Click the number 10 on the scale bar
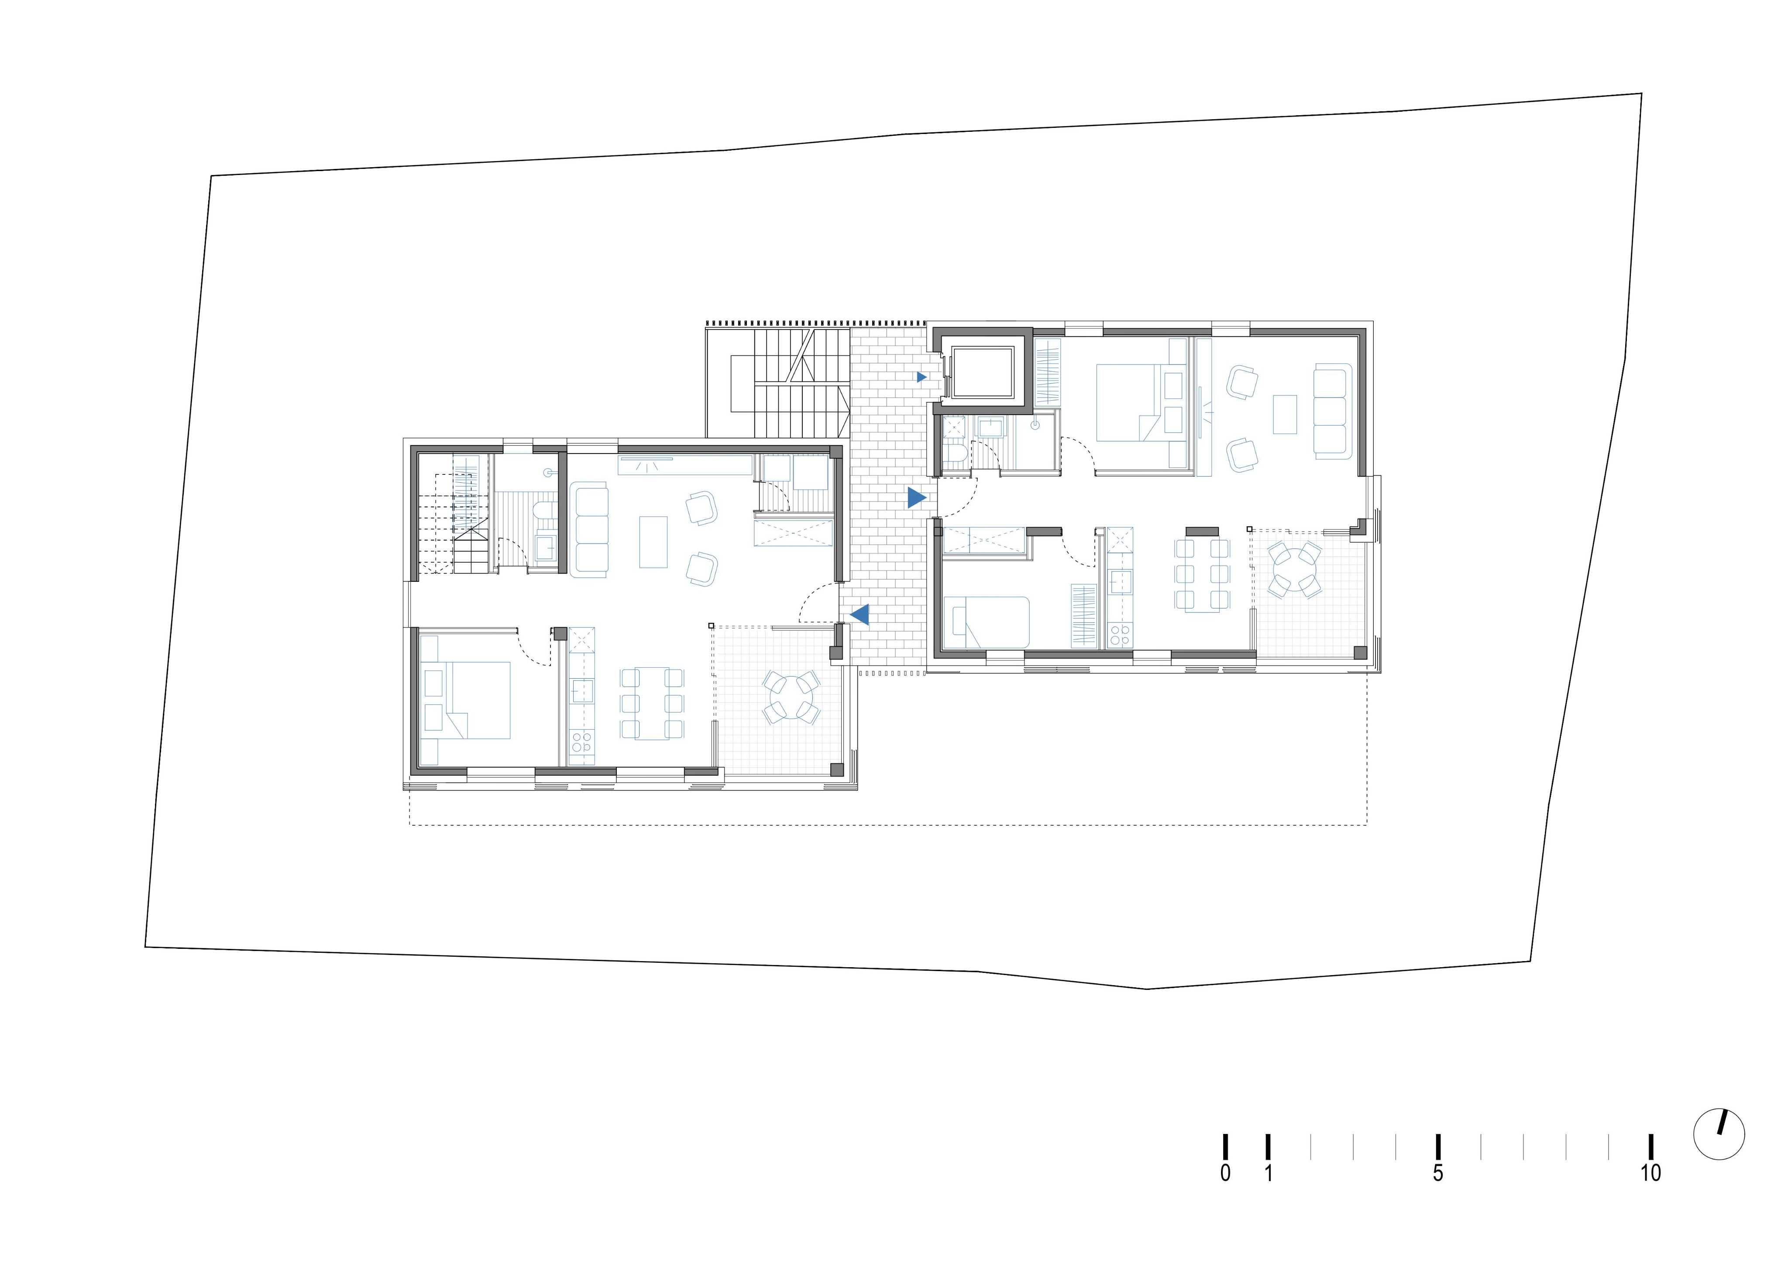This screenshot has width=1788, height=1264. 1650,1173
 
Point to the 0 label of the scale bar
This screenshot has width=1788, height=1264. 1225,1173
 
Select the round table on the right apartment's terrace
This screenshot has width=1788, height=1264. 1294,570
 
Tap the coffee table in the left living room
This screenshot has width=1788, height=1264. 653,542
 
